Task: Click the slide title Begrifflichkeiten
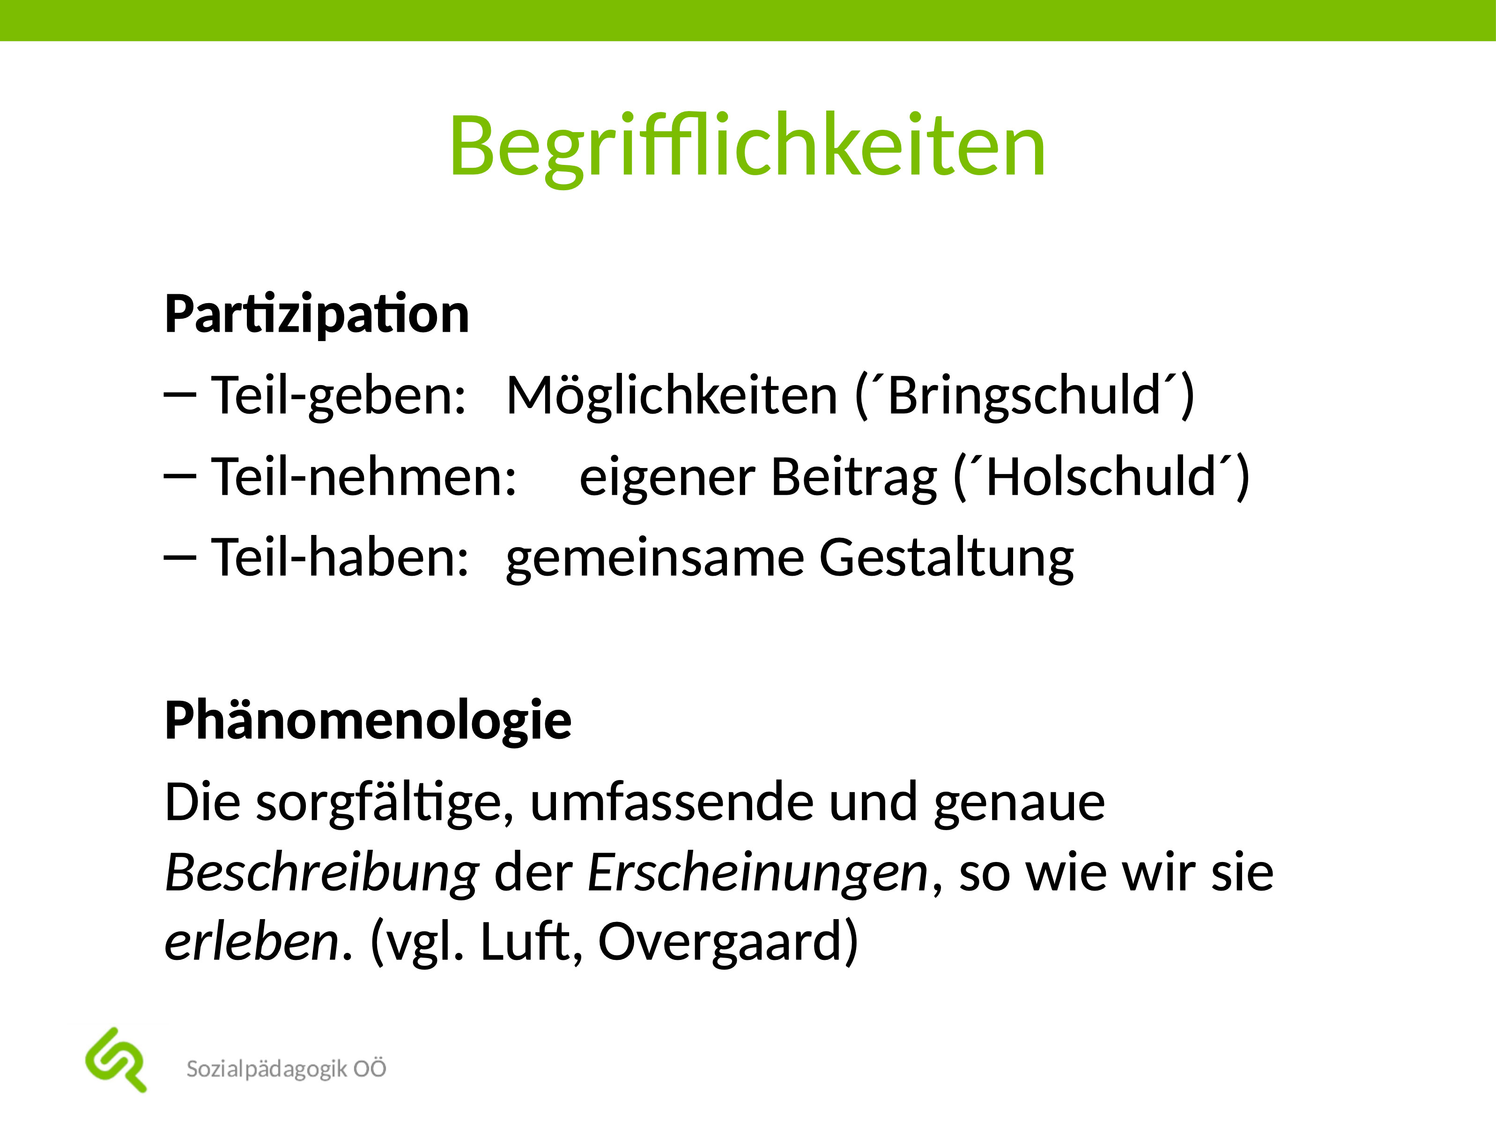pyautogui.click(x=748, y=145)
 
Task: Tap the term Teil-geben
pyautogui.click(x=338, y=396)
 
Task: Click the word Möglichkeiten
pyautogui.click(x=672, y=396)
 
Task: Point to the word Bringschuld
pyautogui.click(x=1025, y=396)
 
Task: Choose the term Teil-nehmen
pyautogui.click(x=364, y=477)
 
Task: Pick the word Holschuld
pyautogui.click(x=1101, y=477)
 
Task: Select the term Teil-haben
pyautogui.click(x=340, y=558)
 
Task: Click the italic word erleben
pyautogui.click(x=252, y=942)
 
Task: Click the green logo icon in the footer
pyautogui.click(x=116, y=1060)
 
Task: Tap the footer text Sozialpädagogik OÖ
pyautogui.click(x=286, y=1069)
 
